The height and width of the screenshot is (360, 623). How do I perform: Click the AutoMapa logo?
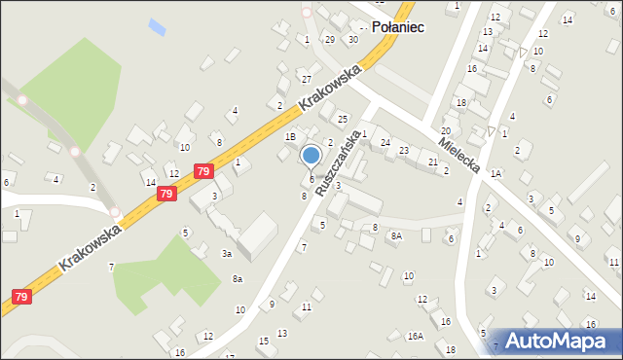[558, 342]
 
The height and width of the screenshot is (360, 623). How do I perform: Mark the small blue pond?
[157, 24]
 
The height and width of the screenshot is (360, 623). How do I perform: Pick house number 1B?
[290, 137]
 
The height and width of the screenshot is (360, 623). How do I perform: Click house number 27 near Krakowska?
[306, 78]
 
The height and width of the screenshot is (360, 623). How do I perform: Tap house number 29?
[330, 39]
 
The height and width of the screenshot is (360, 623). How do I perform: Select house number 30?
[352, 39]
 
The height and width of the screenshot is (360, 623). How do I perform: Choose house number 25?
[342, 119]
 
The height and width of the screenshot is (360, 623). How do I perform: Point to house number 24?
[385, 143]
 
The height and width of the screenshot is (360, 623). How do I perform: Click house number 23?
[403, 150]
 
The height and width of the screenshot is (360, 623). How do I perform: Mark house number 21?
[433, 162]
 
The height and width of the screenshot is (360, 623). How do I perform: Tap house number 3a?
[226, 254]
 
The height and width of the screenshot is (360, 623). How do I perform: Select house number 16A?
[416, 336]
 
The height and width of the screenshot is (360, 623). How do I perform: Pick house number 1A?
[495, 173]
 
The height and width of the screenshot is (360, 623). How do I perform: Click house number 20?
[445, 130]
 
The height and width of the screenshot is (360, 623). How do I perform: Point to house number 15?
[263, 341]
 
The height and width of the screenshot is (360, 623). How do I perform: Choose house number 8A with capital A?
[396, 235]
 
